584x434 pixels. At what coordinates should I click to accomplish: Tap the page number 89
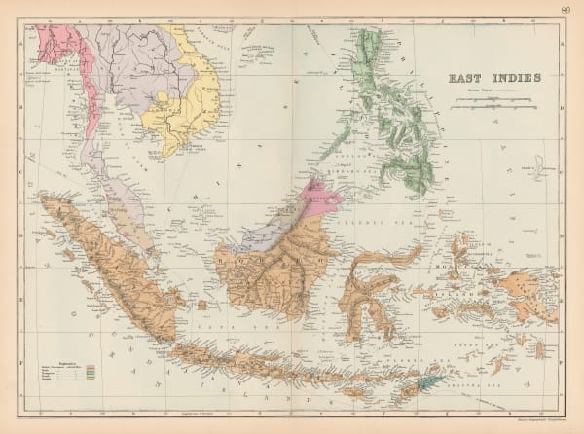567,10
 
